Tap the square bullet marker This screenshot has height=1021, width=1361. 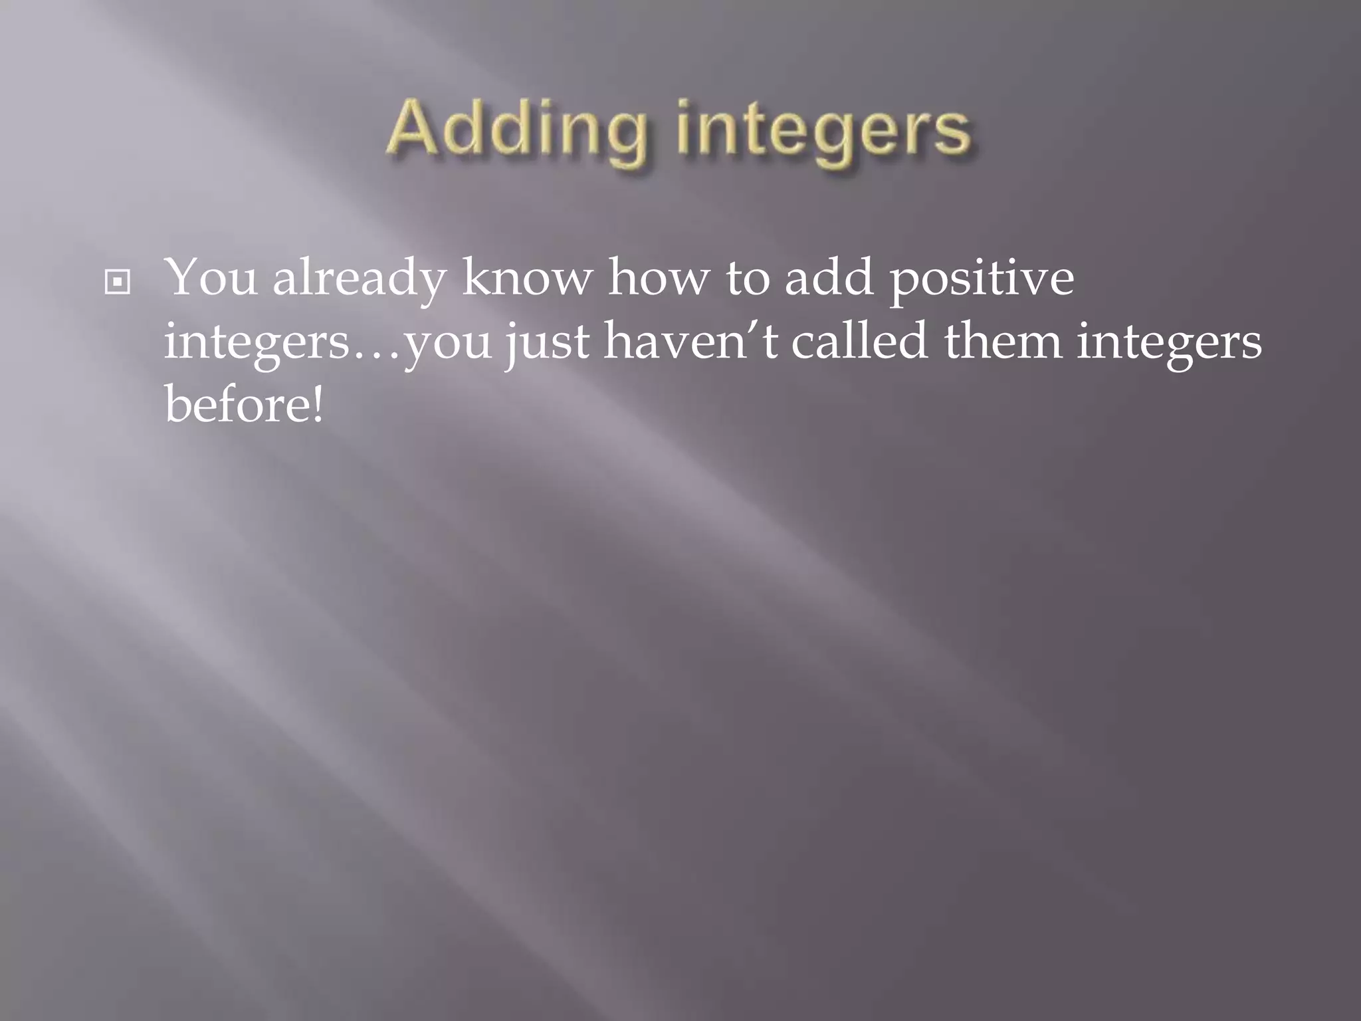118,283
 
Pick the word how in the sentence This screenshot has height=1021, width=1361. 658,278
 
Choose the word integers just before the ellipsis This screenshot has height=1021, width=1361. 257,343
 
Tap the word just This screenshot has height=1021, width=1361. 547,343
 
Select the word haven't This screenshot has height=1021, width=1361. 690,342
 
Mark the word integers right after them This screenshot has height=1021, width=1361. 1169,343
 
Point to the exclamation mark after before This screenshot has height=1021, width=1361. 317,404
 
